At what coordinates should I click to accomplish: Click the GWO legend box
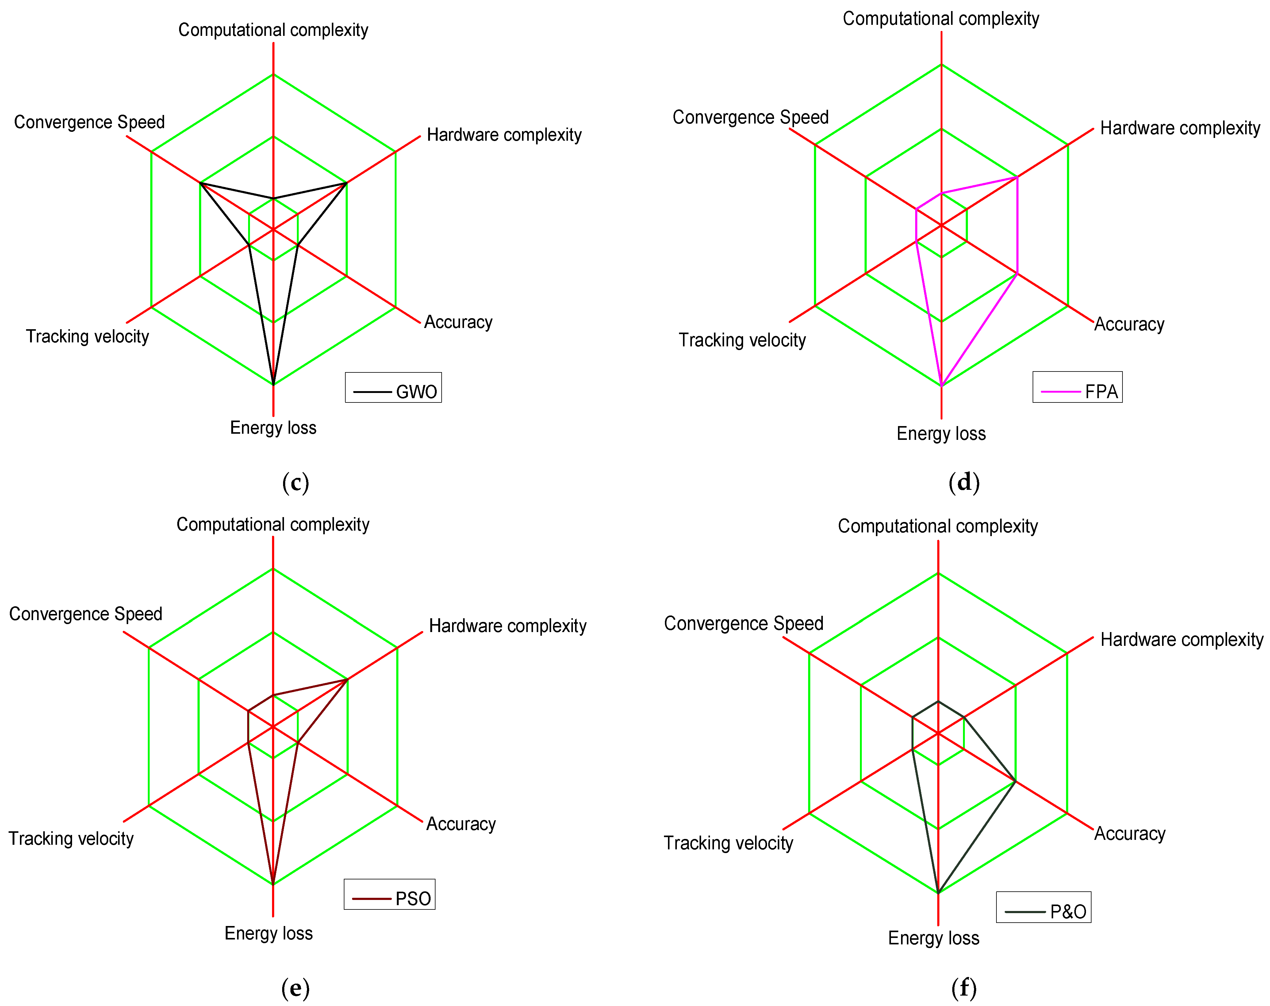pyautogui.click(x=393, y=387)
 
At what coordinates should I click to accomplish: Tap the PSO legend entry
pyautogui.click(x=389, y=894)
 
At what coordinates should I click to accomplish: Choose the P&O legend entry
pyautogui.click(x=1043, y=907)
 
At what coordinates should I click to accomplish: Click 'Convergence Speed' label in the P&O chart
pyautogui.click(x=743, y=623)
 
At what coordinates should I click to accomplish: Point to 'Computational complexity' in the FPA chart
pyautogui.click(x=941, y=19)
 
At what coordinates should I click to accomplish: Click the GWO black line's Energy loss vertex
pyautogui.click(x=273, y=384)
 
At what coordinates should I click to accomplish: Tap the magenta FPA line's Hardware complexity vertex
pyautogui.click(x=1017, y=177)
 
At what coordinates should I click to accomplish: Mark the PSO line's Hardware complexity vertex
pyautogui.click(x=347, y=680)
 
